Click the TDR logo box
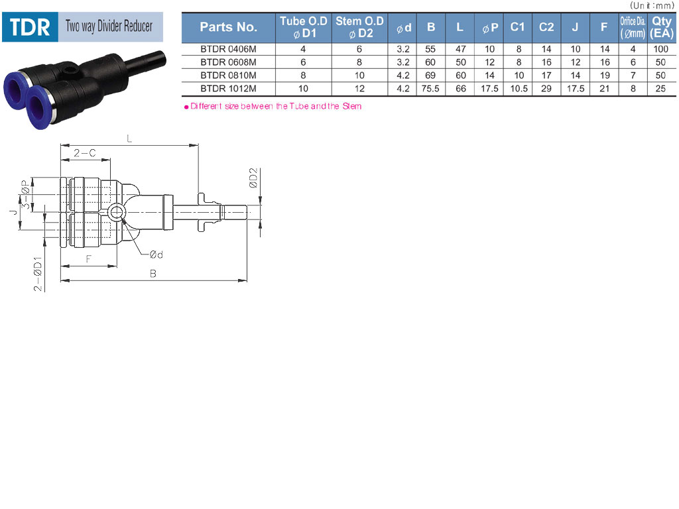[30, 27]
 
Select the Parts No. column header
[228, 27]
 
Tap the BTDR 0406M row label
[228, 49]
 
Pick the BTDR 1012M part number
[228, 89]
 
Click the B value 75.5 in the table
[430, 89]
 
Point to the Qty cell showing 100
[661, 49]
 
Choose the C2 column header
[546, 27]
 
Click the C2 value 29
[546, 89]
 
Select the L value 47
[461, 49]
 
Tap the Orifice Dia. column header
[633, 27]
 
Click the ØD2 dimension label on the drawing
[253, 178]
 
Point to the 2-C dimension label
[85, 153]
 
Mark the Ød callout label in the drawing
[156, 254]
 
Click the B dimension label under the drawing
[153, 274]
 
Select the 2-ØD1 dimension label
[38, 274]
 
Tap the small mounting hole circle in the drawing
[116, 213]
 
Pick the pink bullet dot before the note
[186, 107]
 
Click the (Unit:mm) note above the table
[652, 5]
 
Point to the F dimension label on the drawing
[89, 259]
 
